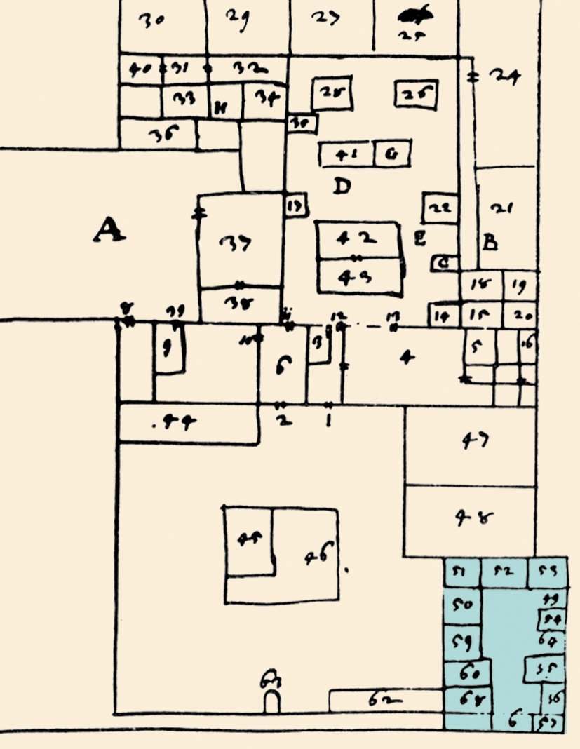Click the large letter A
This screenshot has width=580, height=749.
coord(109,230)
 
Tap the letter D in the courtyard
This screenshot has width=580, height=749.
coord(342,187)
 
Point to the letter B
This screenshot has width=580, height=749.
coord(490,243)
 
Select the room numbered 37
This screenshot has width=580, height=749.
coord(240,242)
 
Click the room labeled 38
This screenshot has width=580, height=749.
coord(241,304)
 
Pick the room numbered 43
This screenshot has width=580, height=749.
coord(359,276)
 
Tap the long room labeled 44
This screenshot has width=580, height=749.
coord(187,423)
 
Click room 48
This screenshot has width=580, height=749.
coord(470,521)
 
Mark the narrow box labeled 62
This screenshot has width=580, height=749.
coord(386,700)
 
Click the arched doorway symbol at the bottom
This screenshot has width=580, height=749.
coord(271,701)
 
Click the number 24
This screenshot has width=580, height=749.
coord(504,77)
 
